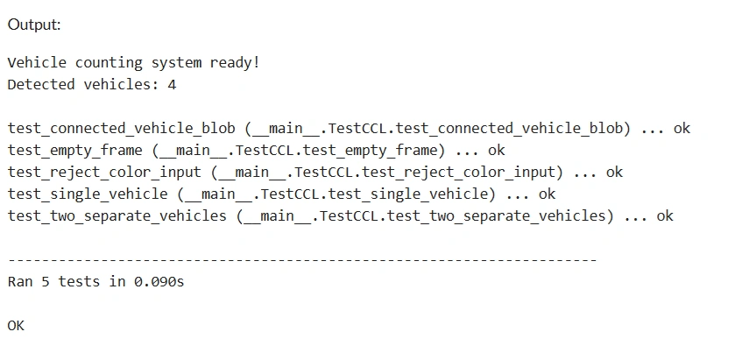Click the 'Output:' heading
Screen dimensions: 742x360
pos(34,25)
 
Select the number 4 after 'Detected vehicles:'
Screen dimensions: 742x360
pos(172,85)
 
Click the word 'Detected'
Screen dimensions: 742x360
pos(41,85)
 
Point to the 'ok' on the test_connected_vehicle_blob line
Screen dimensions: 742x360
pos(682,128)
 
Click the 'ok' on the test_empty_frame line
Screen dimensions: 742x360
pos(497,150)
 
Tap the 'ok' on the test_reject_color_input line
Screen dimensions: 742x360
pos(614,172)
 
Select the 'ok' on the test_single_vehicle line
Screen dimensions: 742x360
pos(547,194)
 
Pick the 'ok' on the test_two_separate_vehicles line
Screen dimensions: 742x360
pos(665,215)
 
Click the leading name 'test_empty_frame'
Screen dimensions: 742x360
pos(74,151)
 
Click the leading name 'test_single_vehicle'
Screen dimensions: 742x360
pos(88,194)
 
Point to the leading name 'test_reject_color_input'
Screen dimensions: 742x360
pos(104,173)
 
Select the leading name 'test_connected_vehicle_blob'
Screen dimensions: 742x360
pos(121,129)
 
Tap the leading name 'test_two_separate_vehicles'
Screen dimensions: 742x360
pos(117,216)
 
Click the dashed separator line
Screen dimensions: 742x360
pos(302,260)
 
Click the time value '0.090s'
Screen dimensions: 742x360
pos(159,281)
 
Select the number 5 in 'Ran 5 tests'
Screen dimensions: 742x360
pos(46,281)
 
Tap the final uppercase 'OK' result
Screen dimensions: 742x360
pos(16,326)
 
